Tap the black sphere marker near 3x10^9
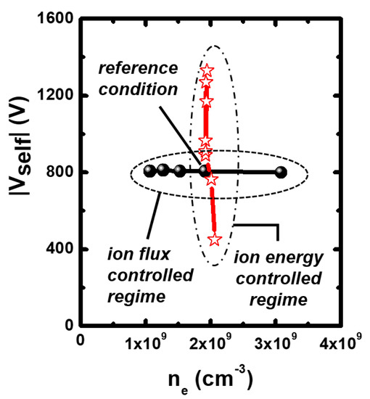(x=281, y=173)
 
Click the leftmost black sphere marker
(x=149, y=171)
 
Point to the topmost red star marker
(x=207, y=70)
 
